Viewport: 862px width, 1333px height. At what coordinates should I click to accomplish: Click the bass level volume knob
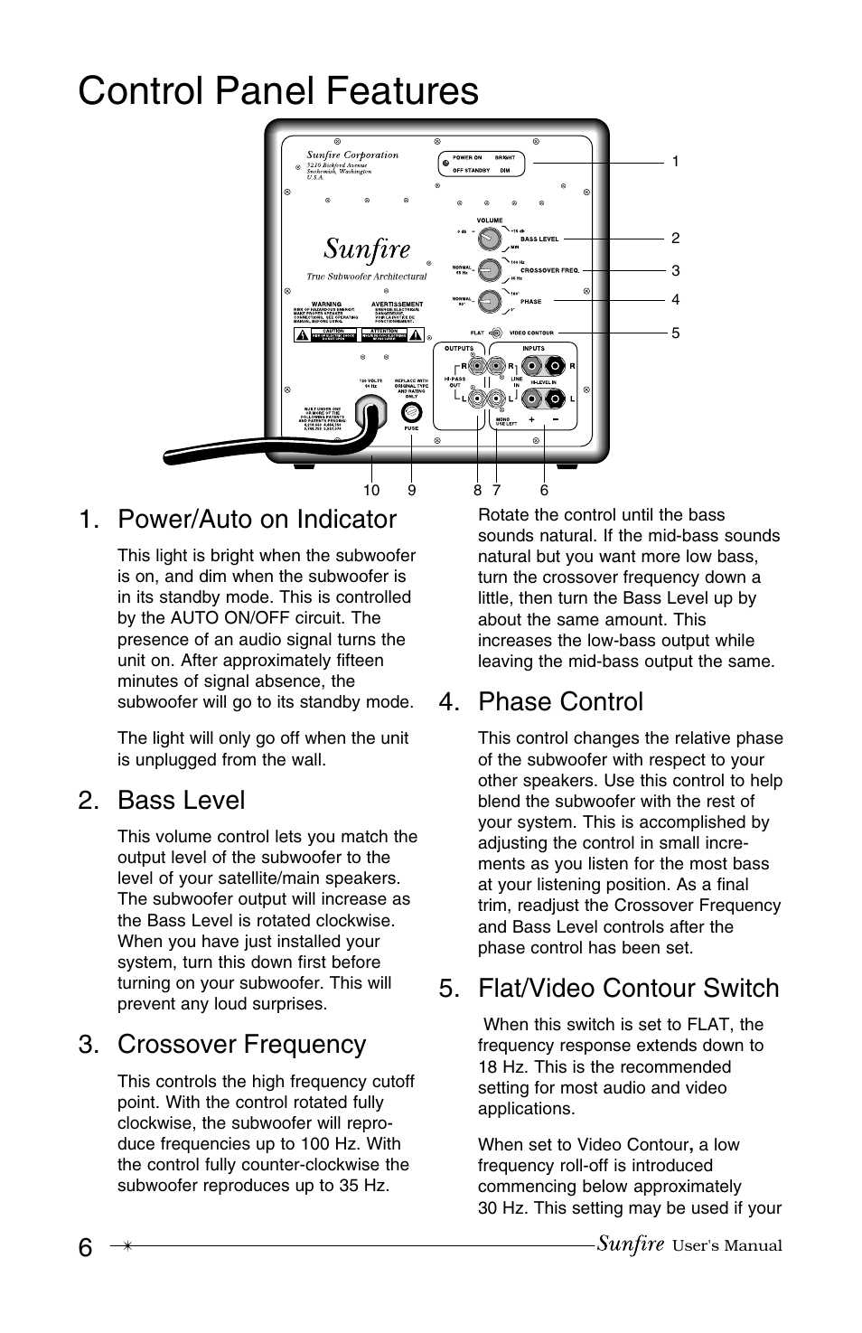pos(489,239)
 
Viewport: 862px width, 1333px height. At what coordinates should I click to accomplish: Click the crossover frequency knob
pos(489,269)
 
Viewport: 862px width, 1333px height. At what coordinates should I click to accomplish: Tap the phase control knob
pos(489,300)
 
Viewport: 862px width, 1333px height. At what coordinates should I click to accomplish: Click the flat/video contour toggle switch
pos(495,333)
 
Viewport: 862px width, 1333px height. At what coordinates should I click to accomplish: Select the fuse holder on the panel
pos(411,413)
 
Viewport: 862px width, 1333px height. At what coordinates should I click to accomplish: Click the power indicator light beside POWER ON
pos(445,164)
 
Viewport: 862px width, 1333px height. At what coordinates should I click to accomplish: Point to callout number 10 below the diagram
pos(371,491)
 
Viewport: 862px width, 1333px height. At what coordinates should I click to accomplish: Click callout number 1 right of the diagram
pos(675,162)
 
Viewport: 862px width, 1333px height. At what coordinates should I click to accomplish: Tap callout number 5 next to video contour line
pos(675,333)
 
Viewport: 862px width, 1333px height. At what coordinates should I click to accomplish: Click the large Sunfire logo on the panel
pos(367,248)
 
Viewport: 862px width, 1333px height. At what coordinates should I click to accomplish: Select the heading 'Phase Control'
pos(560,702)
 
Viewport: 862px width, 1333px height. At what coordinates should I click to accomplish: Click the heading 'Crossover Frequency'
pos(241,1045)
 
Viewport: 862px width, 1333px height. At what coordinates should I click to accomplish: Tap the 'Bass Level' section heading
pos(181,801)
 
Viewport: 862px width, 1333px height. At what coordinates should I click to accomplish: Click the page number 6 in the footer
pos(85,1247)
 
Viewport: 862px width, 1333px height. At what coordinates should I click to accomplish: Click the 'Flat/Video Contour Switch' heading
pos(628,989)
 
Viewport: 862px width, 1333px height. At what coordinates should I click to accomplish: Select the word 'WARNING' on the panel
pos(326,305)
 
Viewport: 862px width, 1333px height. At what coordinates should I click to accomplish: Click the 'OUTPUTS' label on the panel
pos(459,348)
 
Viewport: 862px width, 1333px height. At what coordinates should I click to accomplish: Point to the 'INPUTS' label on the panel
pos(533,348)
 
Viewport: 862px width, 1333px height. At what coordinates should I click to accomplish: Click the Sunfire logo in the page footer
pos(630,1244)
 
